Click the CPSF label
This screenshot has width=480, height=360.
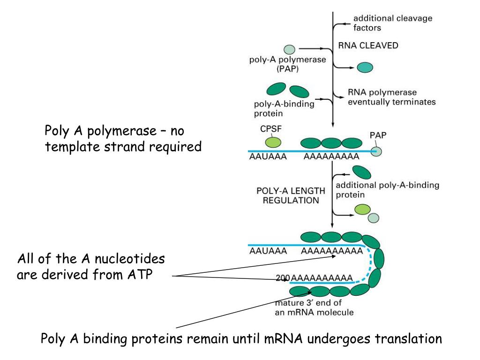270,129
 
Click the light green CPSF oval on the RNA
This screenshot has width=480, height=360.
273,142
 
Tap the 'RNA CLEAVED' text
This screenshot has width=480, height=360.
368,45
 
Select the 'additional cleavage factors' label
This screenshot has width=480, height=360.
393,23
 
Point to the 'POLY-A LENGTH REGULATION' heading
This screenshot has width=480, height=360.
291,195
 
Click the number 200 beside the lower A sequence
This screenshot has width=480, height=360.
283,278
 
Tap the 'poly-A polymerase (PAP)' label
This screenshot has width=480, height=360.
287,64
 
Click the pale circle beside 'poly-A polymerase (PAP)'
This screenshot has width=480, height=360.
289,49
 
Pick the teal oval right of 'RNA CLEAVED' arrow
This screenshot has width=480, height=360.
365,67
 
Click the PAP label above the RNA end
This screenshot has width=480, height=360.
378,135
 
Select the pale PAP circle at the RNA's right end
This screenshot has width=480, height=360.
376,151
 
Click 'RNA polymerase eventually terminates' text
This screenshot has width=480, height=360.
391,97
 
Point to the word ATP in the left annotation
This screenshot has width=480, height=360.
140,274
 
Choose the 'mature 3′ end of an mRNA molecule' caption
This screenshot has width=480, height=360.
314,307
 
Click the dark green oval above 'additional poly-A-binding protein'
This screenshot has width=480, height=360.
361,172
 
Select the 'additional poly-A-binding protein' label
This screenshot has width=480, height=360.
387,190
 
